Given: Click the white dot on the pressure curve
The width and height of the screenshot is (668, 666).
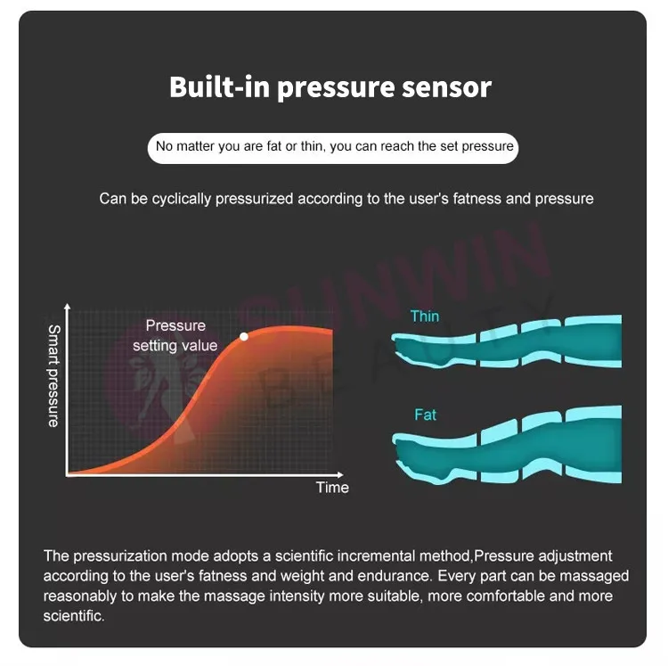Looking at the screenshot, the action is coord(244,337).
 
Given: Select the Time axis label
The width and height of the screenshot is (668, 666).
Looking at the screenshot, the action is coord(332,487).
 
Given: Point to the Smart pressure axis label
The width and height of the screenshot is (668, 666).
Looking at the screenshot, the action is coord(53,375).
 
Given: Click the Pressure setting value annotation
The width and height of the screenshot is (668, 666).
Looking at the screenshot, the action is coord(175,335).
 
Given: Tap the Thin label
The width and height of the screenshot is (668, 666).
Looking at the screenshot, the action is coord(425,316).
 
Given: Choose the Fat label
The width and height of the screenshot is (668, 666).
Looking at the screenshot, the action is coord(425,415).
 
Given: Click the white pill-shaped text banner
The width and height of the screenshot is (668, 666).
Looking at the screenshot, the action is coord(334,146).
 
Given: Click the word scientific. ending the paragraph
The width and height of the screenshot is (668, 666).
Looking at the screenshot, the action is coord(74,615).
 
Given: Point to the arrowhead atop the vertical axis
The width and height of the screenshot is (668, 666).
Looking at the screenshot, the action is coord(69,307).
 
